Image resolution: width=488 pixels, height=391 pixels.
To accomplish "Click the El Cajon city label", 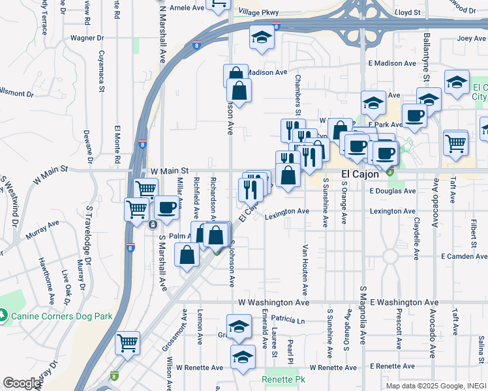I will click(361, 175).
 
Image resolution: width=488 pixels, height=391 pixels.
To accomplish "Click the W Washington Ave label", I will click(273, 303).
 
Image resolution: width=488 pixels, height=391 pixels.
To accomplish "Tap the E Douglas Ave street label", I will click(392, 192).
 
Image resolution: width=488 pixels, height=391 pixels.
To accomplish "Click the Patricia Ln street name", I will click(288, 321).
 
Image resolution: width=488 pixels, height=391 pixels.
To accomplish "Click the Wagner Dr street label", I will click(84, 38).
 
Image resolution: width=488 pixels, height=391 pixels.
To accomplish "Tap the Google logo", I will click(22, 383).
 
